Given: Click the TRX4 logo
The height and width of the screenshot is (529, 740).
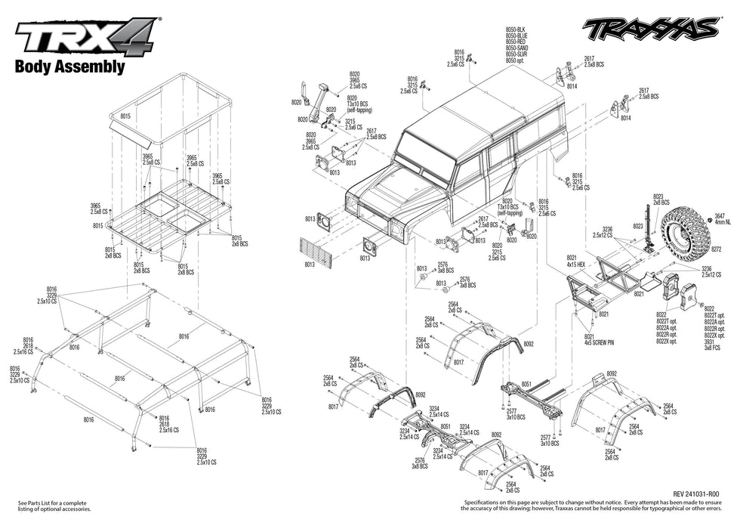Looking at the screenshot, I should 85,36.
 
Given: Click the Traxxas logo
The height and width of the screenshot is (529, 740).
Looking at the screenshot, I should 649,29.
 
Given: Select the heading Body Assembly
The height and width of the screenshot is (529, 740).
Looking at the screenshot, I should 69,67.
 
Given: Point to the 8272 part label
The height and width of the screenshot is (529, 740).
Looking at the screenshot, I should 716,249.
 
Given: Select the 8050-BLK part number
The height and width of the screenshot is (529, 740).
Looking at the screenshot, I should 516,29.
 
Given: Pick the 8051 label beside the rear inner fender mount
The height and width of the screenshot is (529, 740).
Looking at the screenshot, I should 526,384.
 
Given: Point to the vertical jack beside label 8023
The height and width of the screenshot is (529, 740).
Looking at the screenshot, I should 648,227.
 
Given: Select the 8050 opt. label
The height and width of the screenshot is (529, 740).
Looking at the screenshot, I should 515,60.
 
